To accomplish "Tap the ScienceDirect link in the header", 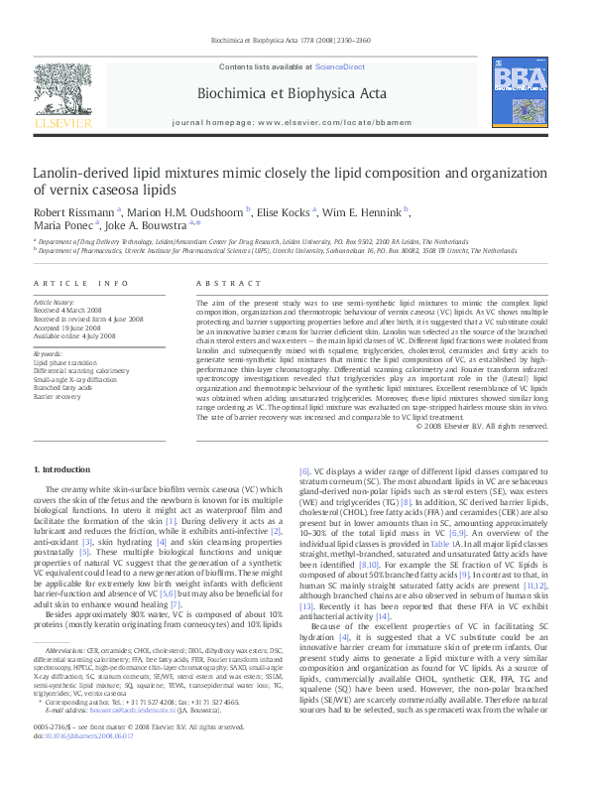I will coord(339,66).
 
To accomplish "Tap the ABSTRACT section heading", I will coord(221,283).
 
